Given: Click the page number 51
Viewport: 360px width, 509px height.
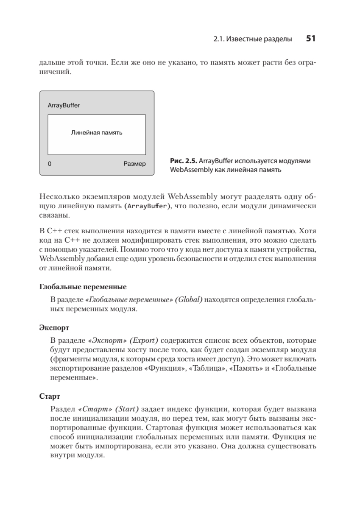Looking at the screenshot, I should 311,39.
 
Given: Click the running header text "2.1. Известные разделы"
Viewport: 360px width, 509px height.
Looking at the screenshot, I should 253,39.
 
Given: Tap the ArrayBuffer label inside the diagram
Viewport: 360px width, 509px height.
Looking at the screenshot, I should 64,105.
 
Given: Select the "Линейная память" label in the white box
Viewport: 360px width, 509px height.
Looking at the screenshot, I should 97,133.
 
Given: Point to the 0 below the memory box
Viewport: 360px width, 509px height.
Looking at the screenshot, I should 50,163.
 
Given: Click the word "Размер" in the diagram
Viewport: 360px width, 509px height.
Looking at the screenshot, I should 134,163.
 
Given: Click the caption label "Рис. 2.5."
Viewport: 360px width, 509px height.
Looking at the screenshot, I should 183,161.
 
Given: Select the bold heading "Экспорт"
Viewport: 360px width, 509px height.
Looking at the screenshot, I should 54,328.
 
